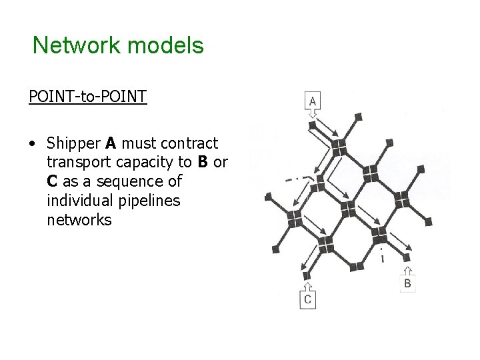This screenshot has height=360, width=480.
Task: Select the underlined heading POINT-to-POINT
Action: pos(87,97)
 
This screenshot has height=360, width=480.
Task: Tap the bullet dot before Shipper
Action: pos(33,143)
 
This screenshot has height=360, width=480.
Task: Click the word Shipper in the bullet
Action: pos(72,143)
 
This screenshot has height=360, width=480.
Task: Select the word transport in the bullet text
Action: pos(77,162)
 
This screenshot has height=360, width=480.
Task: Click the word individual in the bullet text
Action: pos(79,200)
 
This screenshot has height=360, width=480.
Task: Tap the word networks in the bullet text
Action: pos(79,219)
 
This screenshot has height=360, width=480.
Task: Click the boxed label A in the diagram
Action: pos(314,101)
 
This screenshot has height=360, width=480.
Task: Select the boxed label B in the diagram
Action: pos(409,284)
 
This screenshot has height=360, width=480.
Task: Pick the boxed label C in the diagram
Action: pos(307,300)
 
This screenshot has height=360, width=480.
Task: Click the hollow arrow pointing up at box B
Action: pos(409,270)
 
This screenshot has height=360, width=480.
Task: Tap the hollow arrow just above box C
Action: pos(307,286)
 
